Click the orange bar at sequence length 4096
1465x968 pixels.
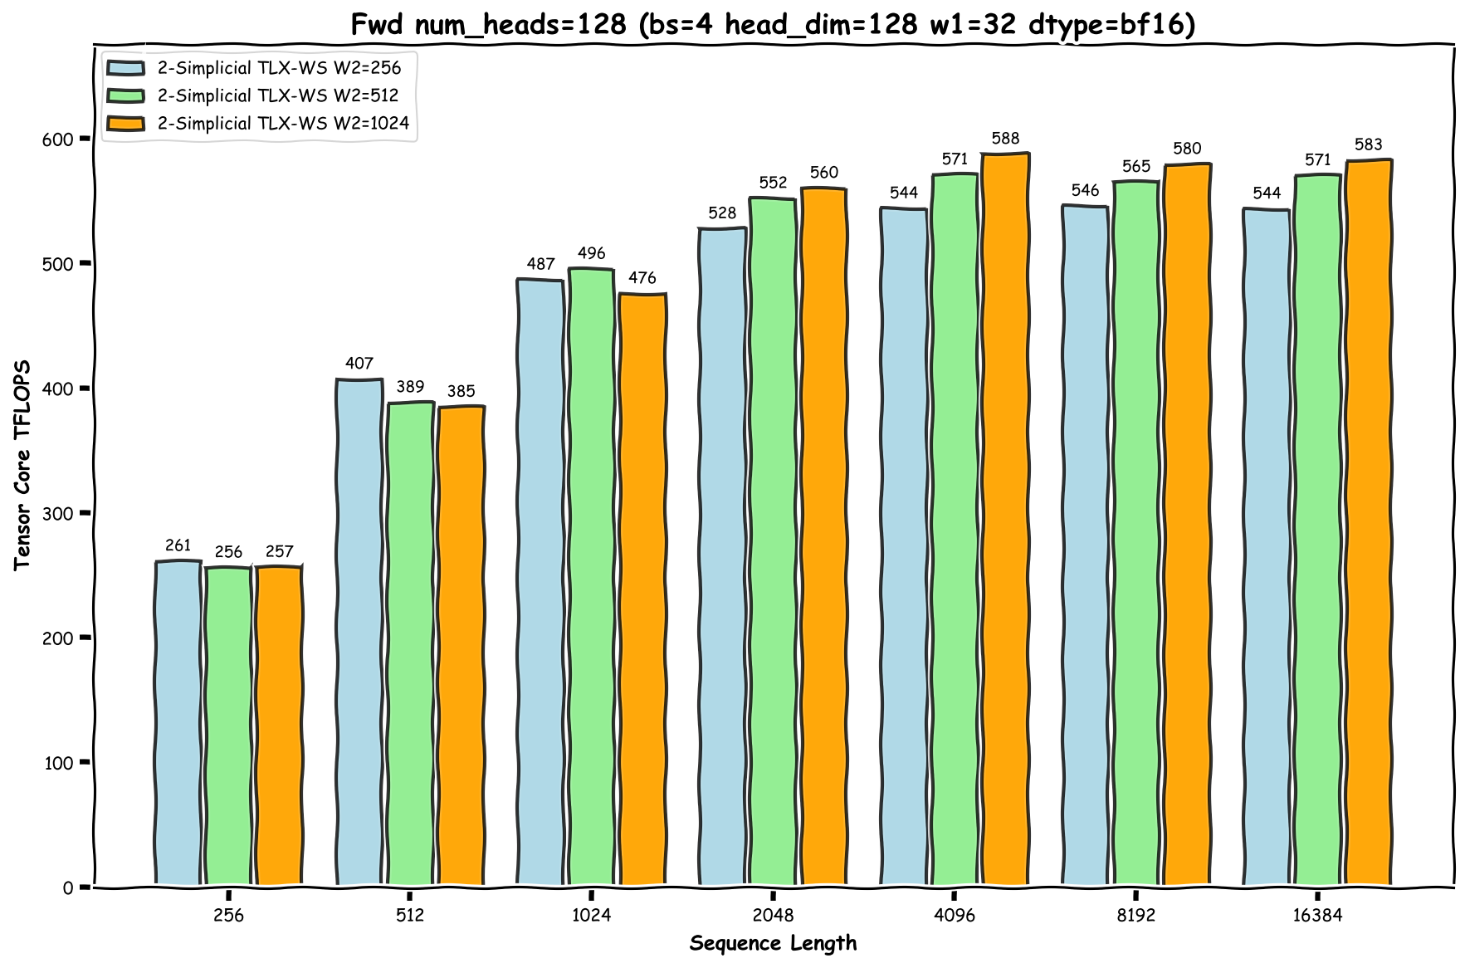click(1005, 520)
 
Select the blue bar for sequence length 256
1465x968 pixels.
click(178, 723)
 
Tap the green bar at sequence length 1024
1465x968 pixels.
click(591, 577)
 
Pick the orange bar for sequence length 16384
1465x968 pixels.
click(1368, 522)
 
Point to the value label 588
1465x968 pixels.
click(1005, 139)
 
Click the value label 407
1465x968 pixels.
click(359, 364)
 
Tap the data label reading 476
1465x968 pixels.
click(642, 278)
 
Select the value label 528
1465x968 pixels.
click(722, 213)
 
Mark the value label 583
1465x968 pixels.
click(1368, 145)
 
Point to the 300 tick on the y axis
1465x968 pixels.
click(57, 514)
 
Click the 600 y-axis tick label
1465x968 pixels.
click(57, 139)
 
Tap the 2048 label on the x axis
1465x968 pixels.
click(773, 916)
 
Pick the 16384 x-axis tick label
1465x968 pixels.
click(1317, 916)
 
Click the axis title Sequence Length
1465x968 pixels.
click(773, 944)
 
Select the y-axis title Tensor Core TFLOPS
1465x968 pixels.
click(22, 465)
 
